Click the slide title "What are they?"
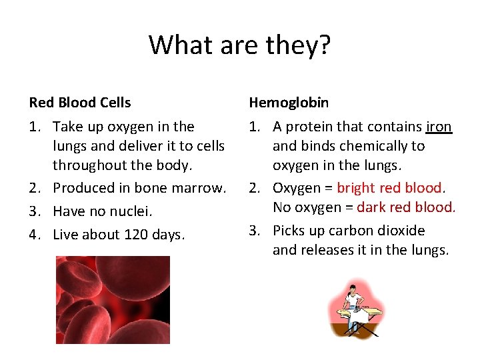[240, 45]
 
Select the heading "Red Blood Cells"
[80, 103]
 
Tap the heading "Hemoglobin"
[289, 103]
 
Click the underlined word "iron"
[439, 127]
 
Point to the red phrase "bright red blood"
[389, 188]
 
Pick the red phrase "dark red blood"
[405, 207]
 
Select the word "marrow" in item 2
[201, 188]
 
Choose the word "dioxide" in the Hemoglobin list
[401, 231]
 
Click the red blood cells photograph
[113, 300]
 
